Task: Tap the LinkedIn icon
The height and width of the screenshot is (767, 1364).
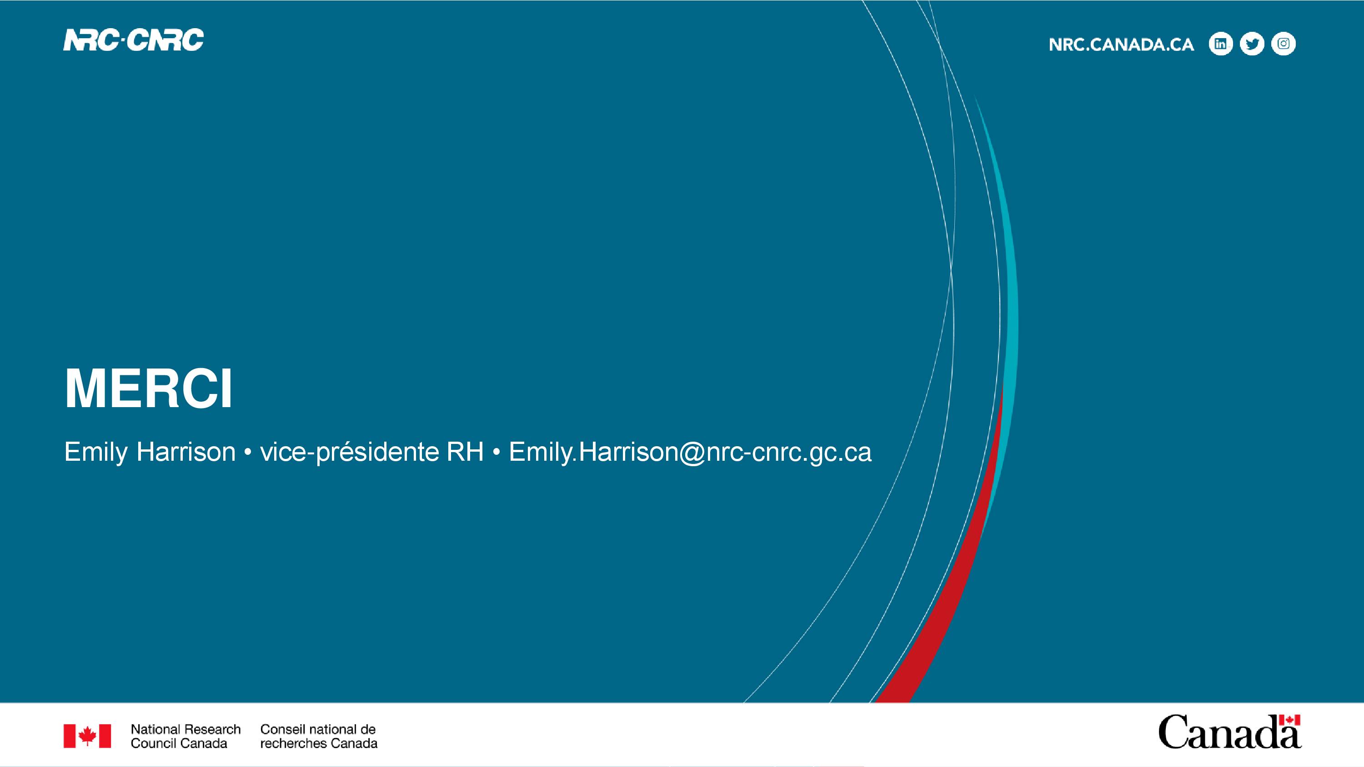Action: tap(1220, 44)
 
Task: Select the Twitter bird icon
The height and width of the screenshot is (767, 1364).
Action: tap(1252, 44)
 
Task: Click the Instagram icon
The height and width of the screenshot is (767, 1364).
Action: tap(1284, 44)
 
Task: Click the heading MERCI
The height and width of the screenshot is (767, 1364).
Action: tap(148, 388)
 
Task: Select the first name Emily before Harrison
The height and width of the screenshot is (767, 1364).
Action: tap(96, 453)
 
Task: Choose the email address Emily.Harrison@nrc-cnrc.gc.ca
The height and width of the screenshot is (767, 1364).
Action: tap(690, 453)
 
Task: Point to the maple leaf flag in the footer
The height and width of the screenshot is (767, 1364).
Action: tap(87, 736)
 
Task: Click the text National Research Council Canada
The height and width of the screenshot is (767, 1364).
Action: tap(186, 736)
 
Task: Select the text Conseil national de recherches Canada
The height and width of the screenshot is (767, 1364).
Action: tap(319, 736)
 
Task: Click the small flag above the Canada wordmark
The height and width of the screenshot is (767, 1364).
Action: tap(1290, 720)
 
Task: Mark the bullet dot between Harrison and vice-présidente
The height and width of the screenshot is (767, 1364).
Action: tap(247, 453)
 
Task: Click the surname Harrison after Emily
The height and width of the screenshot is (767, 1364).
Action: tap(186, 452)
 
